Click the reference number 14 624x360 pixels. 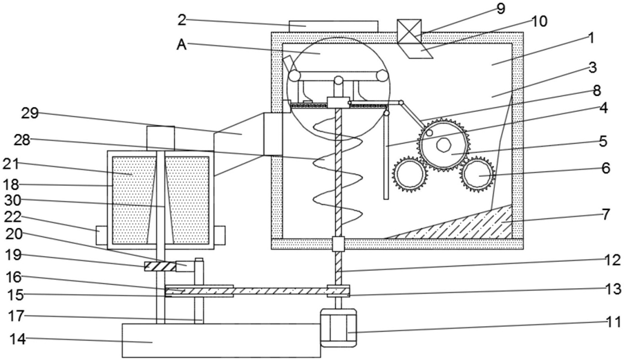(17, 339)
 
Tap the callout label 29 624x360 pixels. (30, 114)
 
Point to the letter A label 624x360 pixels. (182, 45)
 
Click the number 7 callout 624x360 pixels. (606, 215)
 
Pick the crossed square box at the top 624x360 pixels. (409, 31)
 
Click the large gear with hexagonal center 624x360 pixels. (442, 144)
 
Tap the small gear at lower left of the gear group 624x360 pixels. (409, 175)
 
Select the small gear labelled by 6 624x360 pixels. (478, 175)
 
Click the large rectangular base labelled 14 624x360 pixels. (221, 340)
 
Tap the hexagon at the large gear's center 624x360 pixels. (442, 144)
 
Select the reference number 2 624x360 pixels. (182, 20)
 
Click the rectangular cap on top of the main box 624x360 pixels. (334, 27)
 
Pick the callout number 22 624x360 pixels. (12, 218)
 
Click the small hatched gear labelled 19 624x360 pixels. (160, 266)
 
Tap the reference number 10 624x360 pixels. (539, 21)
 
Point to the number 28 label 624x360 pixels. (22, 140)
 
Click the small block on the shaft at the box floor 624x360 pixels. (338, 244)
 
